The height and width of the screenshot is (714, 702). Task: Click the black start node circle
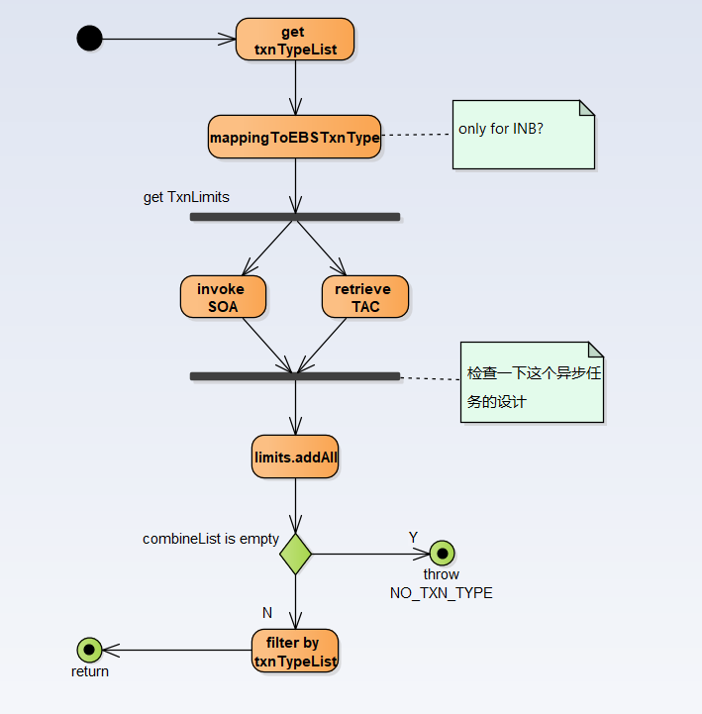tap(89, 39)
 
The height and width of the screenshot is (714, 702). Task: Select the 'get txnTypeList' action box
tap(294, 40)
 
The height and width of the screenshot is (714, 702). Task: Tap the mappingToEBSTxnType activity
tap(294, 137)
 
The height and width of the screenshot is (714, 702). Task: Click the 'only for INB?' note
tap(523, 134)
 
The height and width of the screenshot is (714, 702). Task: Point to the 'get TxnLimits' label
tap(186, 197)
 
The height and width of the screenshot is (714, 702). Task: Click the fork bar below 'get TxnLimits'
tap(294, 216)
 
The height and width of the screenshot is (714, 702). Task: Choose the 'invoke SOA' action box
tap(224, 297)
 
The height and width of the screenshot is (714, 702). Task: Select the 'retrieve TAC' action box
tap(364, 297)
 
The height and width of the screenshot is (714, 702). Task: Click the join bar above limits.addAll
tap(294, 376)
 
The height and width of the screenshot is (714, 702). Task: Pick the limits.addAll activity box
tap(295, 457)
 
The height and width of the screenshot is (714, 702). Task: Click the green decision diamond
tap(295, 554)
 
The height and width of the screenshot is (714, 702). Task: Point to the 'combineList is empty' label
tap(210, 539)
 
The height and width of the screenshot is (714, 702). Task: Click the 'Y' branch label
tap(414, 537)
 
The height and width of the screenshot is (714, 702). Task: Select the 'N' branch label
tap(266, 613)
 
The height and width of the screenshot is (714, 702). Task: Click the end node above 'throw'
tap(442, 554)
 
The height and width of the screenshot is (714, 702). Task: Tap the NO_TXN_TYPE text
tap(442, 593)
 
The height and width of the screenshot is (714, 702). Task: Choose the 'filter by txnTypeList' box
tap(295, 651)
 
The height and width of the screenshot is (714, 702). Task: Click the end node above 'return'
tap(90, 650)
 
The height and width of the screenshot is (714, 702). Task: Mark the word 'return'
tap(90, 671)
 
